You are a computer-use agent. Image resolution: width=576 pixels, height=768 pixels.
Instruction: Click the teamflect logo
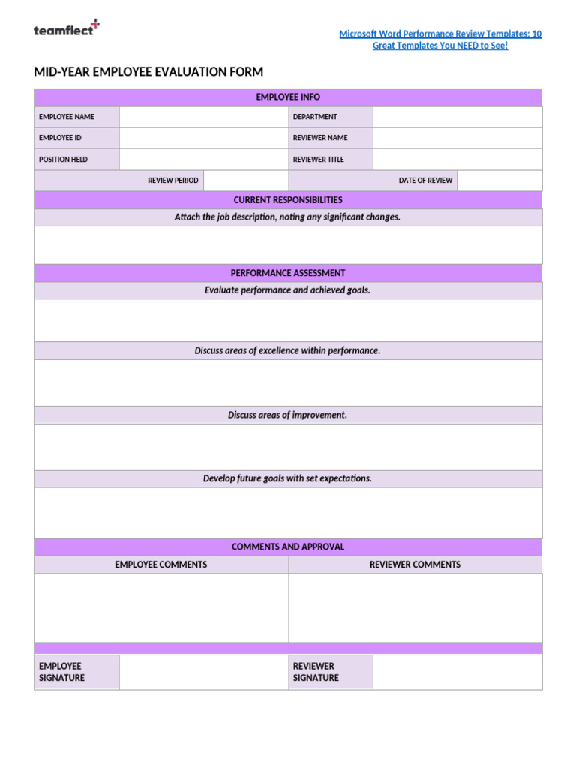coord(66,29)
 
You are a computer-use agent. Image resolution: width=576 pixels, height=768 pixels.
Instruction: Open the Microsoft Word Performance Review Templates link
coord(440,40)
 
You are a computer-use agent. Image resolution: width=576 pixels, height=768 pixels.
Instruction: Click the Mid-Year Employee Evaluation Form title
coord(148,72)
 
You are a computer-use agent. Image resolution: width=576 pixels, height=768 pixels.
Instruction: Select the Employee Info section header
coord(288,97)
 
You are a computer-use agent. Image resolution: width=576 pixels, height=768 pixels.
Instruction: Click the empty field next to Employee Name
coord(203,117)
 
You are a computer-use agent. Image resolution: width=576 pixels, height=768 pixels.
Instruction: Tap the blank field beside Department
coord(457,117)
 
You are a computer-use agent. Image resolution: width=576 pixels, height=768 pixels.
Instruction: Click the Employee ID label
coord(61,138)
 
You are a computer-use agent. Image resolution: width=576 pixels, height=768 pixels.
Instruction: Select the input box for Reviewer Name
coord(457,138)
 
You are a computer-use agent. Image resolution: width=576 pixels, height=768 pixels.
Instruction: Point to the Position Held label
coord(64,160)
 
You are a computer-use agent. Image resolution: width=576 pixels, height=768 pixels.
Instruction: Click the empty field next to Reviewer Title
coord(457,160)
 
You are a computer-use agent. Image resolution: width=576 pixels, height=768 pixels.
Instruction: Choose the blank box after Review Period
coord(245,181)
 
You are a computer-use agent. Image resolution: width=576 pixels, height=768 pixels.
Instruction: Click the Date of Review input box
coord(499,181)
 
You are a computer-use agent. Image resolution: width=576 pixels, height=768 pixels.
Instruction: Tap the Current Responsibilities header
coord(288,200)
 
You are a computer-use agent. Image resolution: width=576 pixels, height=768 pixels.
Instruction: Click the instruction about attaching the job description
coord(288,217)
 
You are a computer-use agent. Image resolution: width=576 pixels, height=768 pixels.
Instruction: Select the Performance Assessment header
coord(288,273)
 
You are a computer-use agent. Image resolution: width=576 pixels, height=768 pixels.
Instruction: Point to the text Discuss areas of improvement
coord(288,415)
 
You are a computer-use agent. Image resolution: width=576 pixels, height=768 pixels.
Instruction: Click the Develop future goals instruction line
coord(288,478)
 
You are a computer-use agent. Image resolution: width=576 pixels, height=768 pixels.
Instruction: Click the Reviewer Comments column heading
coord(415,565)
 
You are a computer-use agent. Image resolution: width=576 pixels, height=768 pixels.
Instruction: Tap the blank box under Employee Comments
coord(161,607)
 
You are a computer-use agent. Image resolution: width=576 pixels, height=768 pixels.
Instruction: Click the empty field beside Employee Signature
coord(203,672)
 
